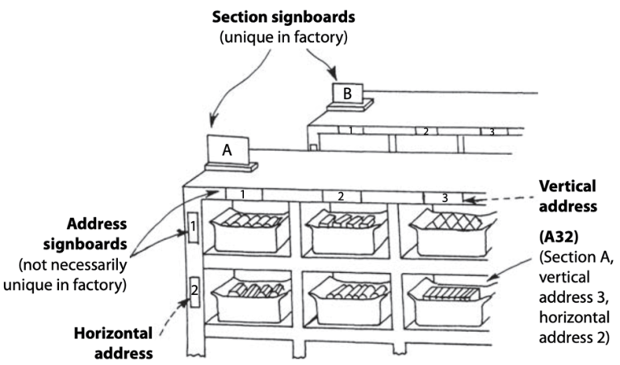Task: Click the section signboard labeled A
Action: tap(227, 149)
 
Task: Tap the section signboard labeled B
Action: tap(347, 94)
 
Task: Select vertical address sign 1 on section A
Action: tap(243, 195)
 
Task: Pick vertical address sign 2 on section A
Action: tap(341, 195)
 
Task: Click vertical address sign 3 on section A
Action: tap(443, 197)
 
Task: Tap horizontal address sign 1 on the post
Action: tap(193, 229)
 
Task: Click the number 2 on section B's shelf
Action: tap(425, 130)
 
